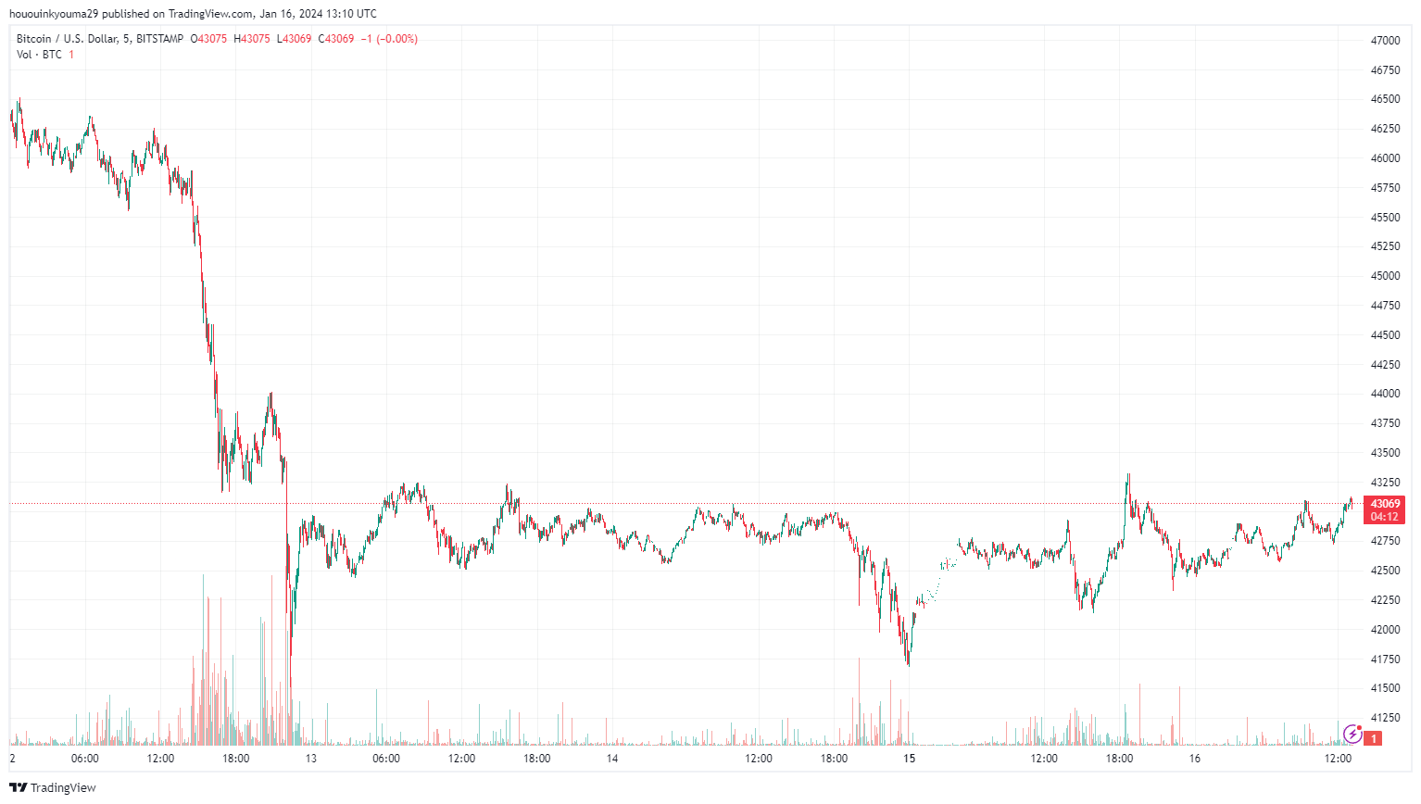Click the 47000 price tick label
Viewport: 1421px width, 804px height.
coord(1385,41)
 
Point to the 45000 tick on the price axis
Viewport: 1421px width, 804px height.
coord(1385,276)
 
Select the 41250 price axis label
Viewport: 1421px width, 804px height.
coord(1385,718)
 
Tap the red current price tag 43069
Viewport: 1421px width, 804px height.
coord(1385,504)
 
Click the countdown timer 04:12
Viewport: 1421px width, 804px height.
coord(1385,517)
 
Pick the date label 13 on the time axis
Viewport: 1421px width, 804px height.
coord(311,759)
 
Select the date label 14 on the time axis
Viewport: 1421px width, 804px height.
coord(612,759)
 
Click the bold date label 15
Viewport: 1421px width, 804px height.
coord(910,759)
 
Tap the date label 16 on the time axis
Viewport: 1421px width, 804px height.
coord(1194,759)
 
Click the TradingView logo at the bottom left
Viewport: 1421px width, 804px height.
coord(53,787)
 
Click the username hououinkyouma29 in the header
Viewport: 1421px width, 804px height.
coord(54,14)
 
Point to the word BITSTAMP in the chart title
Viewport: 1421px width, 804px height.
coord(159,39)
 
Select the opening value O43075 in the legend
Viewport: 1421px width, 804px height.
coord(208,39)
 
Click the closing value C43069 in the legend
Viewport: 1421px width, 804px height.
coord(336,39)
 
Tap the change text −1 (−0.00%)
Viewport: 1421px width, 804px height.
coord(389,39)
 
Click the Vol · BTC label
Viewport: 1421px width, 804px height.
coord(39,55)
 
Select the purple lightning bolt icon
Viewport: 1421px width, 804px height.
coord(1352,735)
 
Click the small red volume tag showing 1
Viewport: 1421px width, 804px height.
coord(1374,738)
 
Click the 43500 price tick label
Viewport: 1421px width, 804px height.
coord(1385,453)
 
